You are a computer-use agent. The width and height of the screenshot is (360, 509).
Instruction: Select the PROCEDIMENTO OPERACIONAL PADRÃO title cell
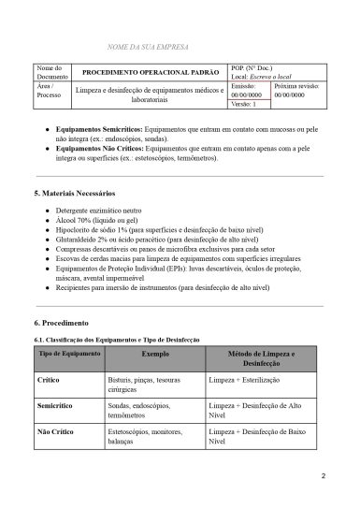[x=151, y=72]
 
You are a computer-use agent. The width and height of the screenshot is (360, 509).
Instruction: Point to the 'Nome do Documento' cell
[x=50, y=72]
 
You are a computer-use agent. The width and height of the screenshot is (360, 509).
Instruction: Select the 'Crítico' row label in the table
[x=49, y=382]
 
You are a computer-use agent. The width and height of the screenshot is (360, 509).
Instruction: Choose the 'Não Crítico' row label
[x=55, y=433]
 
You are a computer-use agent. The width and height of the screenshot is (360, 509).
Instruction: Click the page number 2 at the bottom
[x=323, y=476]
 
